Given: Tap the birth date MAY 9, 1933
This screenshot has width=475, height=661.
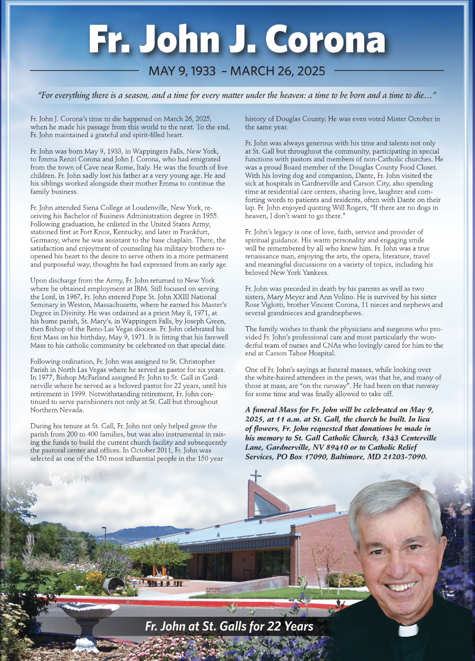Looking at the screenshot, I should [x=182, y=71].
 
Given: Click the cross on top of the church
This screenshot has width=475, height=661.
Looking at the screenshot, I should [x=257, y=476].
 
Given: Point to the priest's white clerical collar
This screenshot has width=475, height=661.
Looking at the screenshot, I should [x=408, y=630].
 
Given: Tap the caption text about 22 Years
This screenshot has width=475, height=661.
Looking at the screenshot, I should [x=229, y=626].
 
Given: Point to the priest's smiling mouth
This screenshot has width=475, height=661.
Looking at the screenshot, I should [x=402, y=586].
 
